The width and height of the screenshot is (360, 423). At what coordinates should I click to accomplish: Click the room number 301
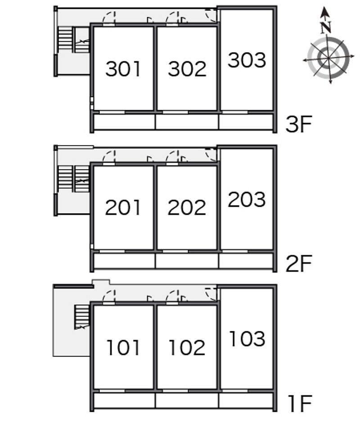pos(123,69)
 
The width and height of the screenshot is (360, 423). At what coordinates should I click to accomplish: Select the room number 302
pos(187,69)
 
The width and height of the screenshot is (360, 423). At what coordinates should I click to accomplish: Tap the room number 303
pos(247,60)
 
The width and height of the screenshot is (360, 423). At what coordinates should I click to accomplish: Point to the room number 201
pos(123,208)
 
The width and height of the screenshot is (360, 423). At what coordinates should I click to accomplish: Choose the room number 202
pos(187,208)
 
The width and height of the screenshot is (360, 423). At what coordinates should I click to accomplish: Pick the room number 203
pos(247,200)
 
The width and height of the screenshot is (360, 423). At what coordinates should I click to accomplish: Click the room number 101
pos(123,347)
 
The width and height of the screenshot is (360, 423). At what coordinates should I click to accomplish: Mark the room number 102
pos(187,347)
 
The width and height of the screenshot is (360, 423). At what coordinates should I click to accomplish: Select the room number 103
pos(247,339)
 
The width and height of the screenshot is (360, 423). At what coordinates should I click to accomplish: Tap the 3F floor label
pos(299,125)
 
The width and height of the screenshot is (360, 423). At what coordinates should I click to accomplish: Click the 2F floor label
pos(299,264)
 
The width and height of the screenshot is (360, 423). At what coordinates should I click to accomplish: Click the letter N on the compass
pos(326,27)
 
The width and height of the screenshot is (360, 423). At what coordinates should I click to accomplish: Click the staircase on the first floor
pos(81,316)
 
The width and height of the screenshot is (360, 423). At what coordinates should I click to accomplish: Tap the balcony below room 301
pos(124,121)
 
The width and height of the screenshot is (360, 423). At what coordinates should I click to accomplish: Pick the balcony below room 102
pos(187,400)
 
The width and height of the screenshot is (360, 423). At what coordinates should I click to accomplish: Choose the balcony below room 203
pos(247,261)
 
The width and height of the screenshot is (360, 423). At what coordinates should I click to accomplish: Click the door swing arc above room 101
pos(110,295)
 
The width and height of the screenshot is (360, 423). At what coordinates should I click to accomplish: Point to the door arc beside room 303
pos(211,15)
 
